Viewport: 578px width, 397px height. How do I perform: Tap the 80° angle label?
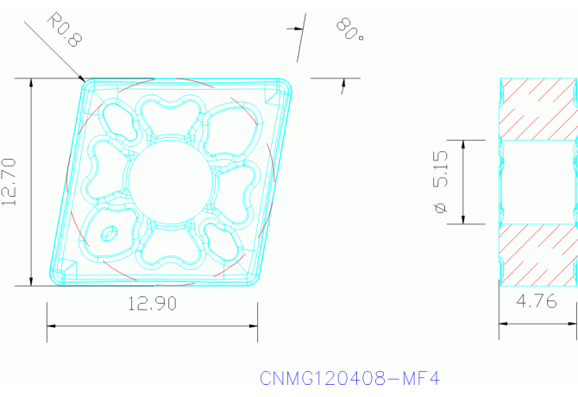tap(349, 32)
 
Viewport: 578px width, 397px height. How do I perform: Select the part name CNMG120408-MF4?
tap(349, 378)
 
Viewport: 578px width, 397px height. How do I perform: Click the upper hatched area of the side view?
tap(539, 108)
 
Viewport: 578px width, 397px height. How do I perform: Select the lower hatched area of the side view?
tap(539, 254)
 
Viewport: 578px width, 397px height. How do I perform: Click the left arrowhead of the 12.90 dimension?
tap(50, 326)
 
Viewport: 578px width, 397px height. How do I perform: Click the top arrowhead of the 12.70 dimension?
tap(32, 83)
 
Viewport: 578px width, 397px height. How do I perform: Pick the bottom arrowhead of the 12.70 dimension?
tap(32, 281)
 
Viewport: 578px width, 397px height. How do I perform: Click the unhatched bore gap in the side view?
tap(539, 181)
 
